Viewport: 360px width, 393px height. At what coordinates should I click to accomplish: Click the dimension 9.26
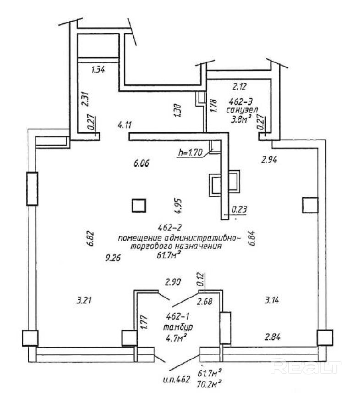click(112, 258)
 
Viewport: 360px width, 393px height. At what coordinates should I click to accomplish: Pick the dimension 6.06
click(142, 163)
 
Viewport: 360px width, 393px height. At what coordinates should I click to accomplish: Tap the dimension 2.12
click(239, 85)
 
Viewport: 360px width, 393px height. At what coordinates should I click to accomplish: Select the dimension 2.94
click(270, 159)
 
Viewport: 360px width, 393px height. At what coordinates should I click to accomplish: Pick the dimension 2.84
click(271, 337)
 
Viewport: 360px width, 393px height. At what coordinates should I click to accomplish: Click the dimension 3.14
click(272, 301)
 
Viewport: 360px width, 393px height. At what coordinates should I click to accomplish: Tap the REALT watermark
click(306, 366)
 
